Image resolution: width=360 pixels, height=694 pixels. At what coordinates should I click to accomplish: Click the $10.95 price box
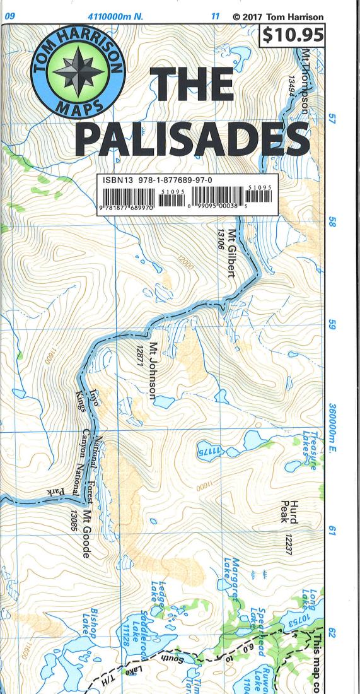(291, 35)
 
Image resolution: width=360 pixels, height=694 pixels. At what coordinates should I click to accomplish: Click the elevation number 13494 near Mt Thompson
(293, 91)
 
